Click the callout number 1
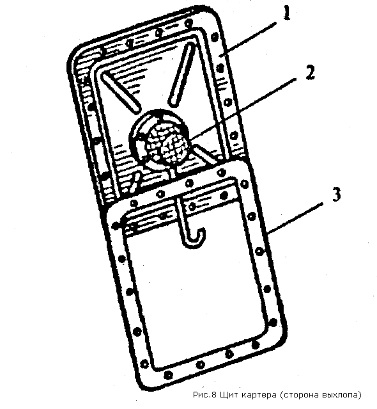pyautogui.click(x=287, y=13)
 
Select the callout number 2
pyautogui.click(x=310, y=72)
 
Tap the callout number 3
pyautogui.click(x=337, y=195)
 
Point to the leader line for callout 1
pyautogui.click(x=249, y=39)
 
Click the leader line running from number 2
pyautogui.click(x=243, y=111)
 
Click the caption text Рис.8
pyautogui.click(x=204, y=395)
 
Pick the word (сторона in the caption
pyautogui.click(x=300, y=395)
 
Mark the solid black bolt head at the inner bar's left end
pyautogui.click(x=115, y=227)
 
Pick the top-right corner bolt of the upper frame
pyautogui.click(x=214, y=36)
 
